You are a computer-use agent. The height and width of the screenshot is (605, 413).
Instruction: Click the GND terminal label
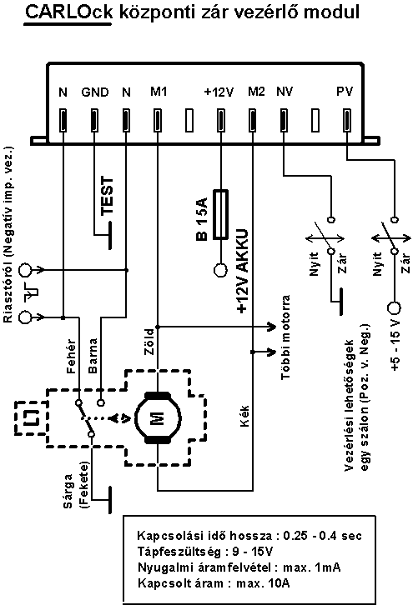click(95, 92)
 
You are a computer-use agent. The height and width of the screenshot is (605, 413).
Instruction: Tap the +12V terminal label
click(219, 92)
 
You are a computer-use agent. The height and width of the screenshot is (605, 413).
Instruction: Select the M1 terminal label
click(159, 92)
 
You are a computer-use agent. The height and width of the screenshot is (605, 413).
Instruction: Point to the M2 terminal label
click(256, 92)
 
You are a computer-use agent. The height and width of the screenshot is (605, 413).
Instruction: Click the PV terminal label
click(345, 92)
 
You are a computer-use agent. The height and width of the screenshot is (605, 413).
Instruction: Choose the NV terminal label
click(285, 92)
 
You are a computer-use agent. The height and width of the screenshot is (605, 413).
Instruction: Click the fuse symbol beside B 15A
click(220, 214)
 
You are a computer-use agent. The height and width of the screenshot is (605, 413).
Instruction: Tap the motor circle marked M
click(157, 417)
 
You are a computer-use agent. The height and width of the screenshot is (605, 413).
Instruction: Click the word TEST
click(107, 196)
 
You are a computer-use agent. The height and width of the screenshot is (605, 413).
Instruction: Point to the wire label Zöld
click(149, 342)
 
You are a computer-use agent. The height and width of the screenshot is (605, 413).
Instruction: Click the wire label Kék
click(244, 416)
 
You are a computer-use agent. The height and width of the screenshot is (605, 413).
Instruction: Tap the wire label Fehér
click(72, 356)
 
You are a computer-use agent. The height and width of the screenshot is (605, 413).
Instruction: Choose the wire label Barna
click(93, 356)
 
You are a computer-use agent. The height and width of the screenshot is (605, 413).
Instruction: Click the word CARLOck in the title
click(68, 12)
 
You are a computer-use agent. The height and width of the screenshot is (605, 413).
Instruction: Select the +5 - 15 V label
click(395, 346)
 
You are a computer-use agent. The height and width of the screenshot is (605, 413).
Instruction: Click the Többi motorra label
click(285, 337)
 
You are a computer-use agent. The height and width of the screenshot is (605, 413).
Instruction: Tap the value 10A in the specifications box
click(279, 582)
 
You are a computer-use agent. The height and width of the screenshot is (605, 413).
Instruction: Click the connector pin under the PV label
click(347, 120)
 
